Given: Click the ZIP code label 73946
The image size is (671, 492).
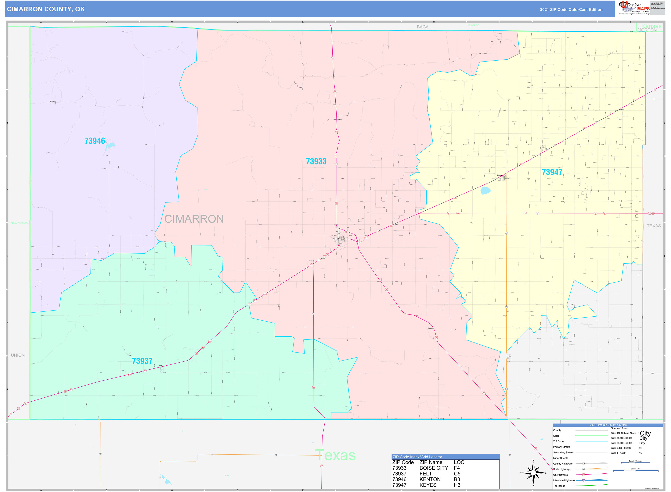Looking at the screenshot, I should [95, 141].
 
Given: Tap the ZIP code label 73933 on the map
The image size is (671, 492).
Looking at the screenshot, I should [316, 161].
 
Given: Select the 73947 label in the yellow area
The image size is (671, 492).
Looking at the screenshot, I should [552, 172].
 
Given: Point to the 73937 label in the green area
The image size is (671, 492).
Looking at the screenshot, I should [142, 361].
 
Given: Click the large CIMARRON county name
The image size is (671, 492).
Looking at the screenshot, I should [194, 219].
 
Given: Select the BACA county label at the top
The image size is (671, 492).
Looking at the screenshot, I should [423, 27].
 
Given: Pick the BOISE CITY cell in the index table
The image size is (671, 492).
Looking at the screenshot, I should [434, 468].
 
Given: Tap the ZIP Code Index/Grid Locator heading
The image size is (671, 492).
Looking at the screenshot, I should [417, 457].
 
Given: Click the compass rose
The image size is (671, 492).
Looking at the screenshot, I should [533, 473].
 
